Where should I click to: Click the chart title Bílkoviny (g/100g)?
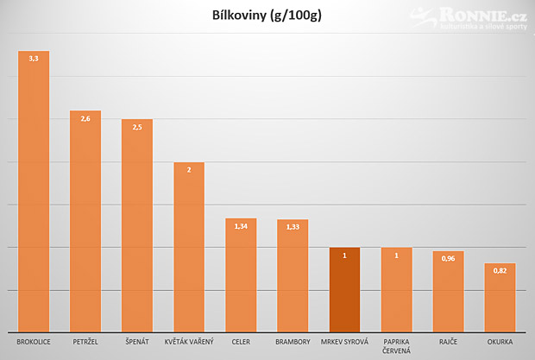267,16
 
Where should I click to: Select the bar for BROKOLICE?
34,192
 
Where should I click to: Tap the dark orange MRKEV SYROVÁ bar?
344,290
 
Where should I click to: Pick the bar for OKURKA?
500,298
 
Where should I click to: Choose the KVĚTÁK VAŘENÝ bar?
189,247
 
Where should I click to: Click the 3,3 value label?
34,59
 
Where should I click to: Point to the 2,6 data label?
85,119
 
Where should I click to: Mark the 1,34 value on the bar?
241,226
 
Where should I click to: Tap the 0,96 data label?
448,259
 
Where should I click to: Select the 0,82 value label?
500,271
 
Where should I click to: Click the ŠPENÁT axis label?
137,342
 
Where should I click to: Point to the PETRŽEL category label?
85,342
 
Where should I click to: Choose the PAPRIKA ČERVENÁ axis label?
396,346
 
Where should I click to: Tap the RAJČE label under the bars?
448,342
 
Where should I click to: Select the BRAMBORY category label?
293,342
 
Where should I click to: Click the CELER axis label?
241,342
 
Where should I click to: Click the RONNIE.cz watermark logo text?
483,16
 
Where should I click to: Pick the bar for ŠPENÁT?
137,225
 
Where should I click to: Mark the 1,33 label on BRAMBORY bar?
293,227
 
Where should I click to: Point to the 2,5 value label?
137,127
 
